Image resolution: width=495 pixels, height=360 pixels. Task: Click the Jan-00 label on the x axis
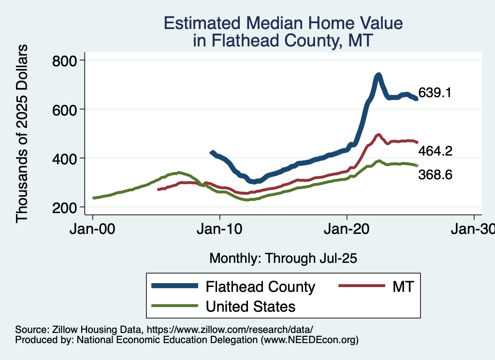93,229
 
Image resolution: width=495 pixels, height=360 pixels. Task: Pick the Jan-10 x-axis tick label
220,229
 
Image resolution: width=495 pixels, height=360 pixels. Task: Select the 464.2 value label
435,151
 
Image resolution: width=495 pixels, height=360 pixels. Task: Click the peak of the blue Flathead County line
378,75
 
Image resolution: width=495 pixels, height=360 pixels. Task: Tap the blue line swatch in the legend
175,286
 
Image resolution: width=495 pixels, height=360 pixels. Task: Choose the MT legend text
403,287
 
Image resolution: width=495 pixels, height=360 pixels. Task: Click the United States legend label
250,306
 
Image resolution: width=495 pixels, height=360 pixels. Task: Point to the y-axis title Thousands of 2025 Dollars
22,133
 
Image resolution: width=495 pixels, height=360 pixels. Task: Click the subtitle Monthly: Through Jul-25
283,259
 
